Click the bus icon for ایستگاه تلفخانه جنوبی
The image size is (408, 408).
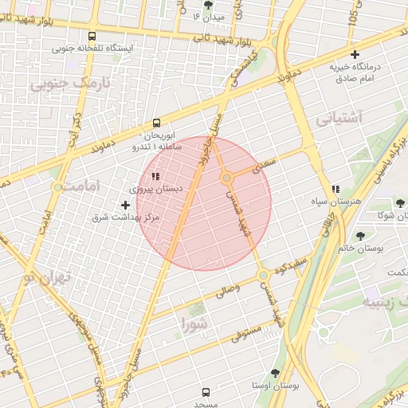(x=92, y=36)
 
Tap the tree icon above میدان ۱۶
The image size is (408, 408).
(x=209, y=5)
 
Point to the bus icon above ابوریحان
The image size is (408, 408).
(x=156, y=124)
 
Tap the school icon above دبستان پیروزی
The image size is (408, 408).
(x=155, y=176)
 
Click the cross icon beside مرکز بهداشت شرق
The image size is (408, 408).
(x=125, y=205)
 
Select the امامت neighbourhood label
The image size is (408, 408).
(x=78, y=186)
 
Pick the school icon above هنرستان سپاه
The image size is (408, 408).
(x=335, y=188)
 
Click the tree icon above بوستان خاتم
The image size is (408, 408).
(x=361, y=235)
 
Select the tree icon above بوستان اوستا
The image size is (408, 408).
(x=275, y=373)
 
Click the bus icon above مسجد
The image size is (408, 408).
(x=206, y=392)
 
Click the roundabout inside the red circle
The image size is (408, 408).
(x=227, y=178)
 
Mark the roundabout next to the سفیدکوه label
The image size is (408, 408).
(x=262, y=276)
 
